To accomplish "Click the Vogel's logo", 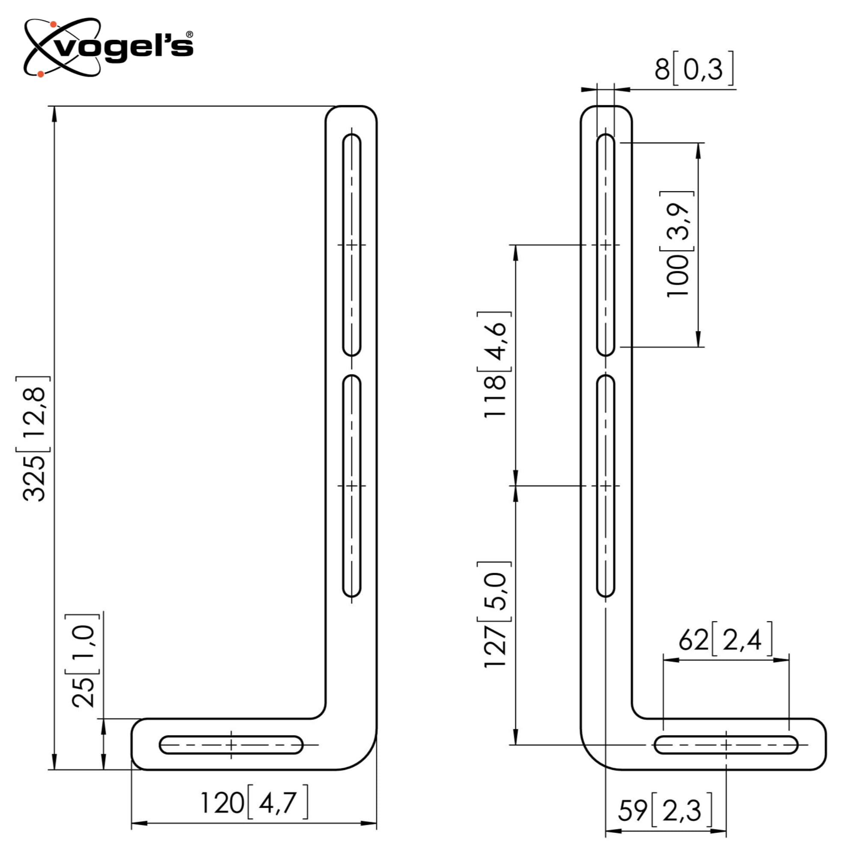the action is coord(109,48).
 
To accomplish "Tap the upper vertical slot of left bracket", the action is coord(352,245).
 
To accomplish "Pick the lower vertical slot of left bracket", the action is coord(352,486).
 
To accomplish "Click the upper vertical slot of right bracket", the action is coord(606,245).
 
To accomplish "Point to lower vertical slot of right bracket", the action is coord(606,486).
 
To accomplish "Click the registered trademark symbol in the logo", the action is coord(189,35).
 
